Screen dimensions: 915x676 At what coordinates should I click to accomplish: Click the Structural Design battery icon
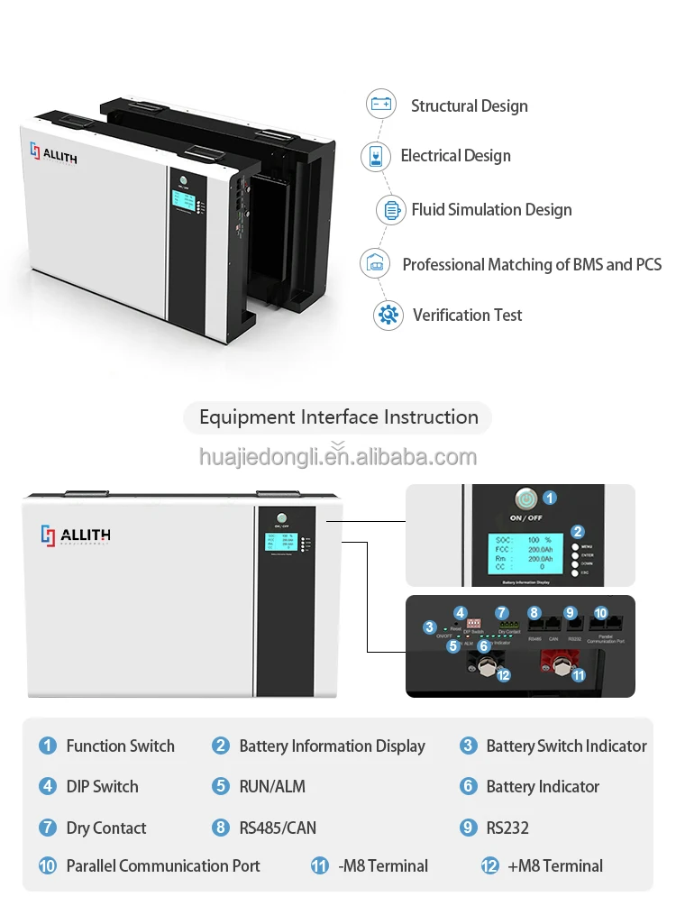point(381,104)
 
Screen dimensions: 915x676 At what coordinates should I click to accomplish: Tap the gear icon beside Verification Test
point(388,315)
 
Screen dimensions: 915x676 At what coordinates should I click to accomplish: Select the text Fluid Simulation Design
point(491,210)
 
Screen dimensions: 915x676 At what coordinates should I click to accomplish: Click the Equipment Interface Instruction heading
point(338,417)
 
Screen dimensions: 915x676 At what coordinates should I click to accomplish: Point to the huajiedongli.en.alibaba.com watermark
point(338,456)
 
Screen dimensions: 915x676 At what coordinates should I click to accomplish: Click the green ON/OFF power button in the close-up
point(525,498)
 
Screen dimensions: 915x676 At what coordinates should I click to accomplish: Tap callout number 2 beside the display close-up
point(578,533)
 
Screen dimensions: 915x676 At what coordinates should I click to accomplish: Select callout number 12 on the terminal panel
point(503,674)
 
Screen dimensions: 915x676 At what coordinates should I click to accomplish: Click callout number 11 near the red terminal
point(578,674)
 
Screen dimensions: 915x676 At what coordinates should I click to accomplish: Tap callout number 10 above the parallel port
point(600,613)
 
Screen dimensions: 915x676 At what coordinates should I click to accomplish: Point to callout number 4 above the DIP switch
point(460,612)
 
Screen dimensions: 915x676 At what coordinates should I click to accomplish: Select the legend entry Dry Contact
point(105,828)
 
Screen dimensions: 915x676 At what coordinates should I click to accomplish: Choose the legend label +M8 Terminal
point(555,865)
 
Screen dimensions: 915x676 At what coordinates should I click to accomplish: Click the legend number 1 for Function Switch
point(47,746)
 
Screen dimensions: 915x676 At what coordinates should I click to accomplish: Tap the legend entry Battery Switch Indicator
point(566,746)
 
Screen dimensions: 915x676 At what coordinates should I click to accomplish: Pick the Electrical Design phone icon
point(373,156)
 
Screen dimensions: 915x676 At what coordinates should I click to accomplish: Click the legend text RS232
point(507,828)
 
